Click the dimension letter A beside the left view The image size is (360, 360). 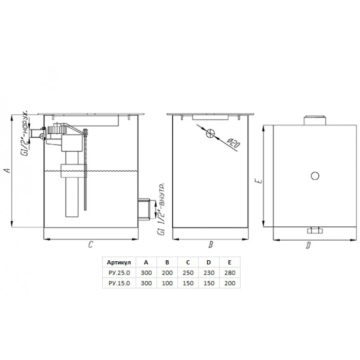point(7,170)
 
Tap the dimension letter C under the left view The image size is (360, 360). point(90,244)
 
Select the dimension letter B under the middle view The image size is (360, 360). point(210,244)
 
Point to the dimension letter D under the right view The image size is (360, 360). point(308,245)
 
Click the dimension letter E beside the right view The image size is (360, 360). point(259,181)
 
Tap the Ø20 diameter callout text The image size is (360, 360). point(233,143)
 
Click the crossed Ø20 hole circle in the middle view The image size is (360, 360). point(210,133)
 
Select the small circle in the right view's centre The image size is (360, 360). point(315,176)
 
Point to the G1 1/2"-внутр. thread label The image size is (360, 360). point(161,209)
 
